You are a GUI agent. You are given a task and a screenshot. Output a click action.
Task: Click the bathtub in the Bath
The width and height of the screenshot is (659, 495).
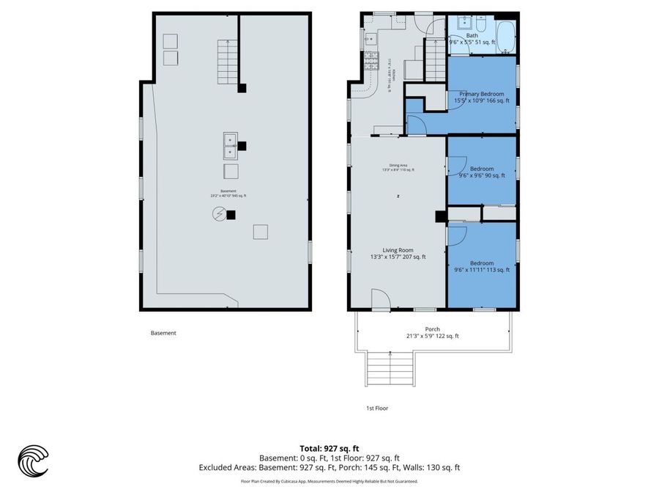click(x=506, y=33)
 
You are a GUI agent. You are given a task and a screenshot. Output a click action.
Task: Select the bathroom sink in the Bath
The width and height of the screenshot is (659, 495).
click(x=463, y=23)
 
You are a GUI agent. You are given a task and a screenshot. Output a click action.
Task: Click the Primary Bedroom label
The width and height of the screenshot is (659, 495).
click(x=481, y=98)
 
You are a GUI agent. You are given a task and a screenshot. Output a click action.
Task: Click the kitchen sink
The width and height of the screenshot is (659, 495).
click(x=369, y=38)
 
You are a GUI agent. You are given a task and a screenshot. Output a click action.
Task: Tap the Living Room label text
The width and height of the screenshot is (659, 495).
click(x=398, y=253)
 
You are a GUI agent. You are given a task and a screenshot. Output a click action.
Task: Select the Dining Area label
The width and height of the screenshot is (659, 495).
click(x=398, y=168)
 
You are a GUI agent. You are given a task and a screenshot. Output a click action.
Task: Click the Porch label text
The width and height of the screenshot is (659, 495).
click(x=432, y=332)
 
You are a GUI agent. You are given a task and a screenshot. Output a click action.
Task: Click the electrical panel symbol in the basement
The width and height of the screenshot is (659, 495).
click(x=219, y=214)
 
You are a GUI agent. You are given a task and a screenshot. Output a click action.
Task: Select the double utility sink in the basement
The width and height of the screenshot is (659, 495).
click(x=230, y=146)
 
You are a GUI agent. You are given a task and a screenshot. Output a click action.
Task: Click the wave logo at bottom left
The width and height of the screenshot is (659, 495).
click(x=33, y=461)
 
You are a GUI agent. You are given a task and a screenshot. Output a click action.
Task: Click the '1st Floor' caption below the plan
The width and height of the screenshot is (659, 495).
click(x=377, y=408)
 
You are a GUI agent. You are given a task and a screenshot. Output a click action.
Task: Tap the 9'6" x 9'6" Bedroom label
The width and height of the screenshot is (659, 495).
click(x=481, y=172)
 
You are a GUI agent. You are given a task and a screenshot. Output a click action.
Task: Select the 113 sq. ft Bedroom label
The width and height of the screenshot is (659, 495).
click(x=481, y=266)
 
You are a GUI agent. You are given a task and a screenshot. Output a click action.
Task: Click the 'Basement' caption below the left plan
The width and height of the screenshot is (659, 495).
click(x=163, y=333)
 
